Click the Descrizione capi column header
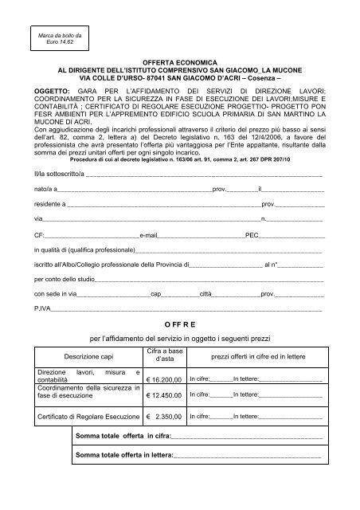coord(86,356)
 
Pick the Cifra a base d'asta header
coord(166,355)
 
